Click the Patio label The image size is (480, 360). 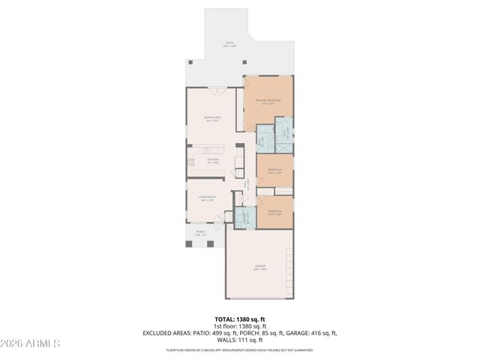pos(230,44)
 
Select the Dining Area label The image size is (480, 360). pos(212,118)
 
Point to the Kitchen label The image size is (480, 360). pos(212,160)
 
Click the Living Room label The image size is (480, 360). pos(207,199)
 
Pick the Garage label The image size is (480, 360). pos(259,267)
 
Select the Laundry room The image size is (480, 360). pos(244,217)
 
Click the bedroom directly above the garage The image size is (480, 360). pos(275,211)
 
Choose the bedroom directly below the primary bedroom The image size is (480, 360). pos(274,171)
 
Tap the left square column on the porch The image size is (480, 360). pos(188,244)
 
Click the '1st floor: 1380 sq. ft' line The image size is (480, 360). pos(240,326)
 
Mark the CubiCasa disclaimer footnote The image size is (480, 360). pos(240,349)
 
